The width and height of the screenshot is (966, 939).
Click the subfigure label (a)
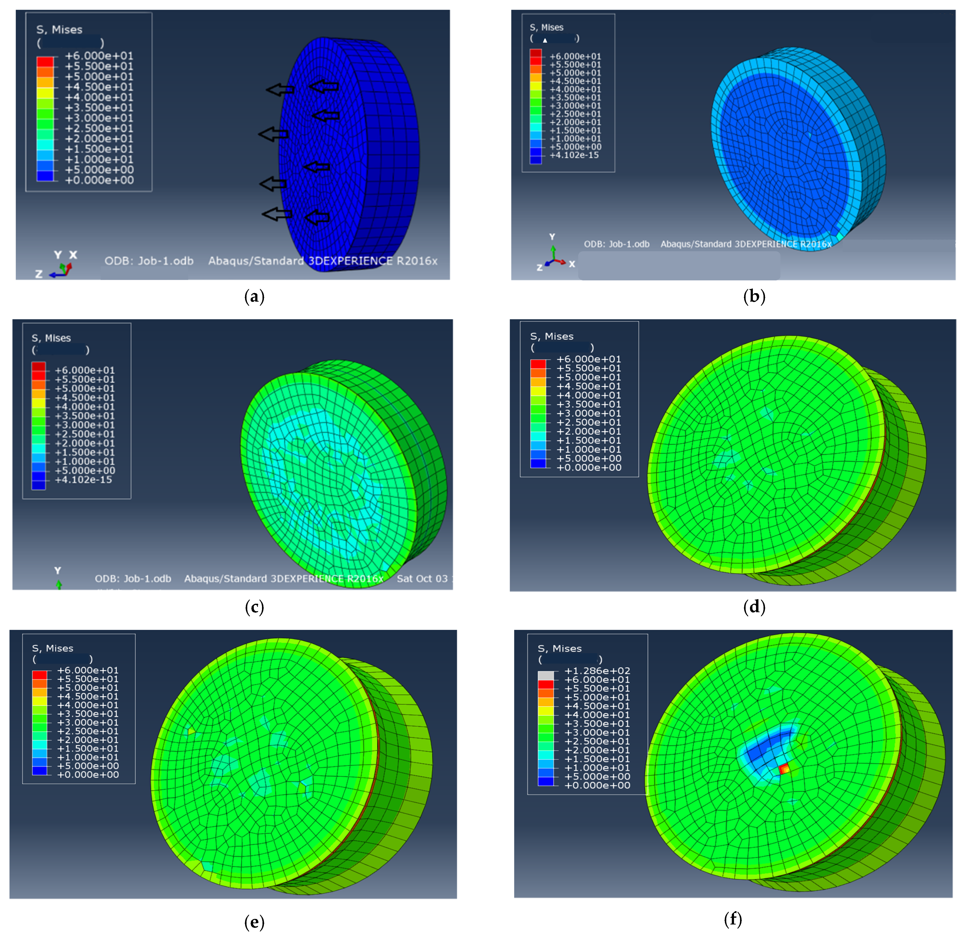point(254,297)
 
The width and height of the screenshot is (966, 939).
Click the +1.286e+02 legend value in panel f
point(597,671)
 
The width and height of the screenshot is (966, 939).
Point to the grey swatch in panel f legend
point(545,675)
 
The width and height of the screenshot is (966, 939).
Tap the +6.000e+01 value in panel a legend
point(98,56)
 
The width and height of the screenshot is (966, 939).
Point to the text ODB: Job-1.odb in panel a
point(149,261)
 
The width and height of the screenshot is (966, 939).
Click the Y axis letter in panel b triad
point(552,237)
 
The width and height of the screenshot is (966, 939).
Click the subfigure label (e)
point(254,921)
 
